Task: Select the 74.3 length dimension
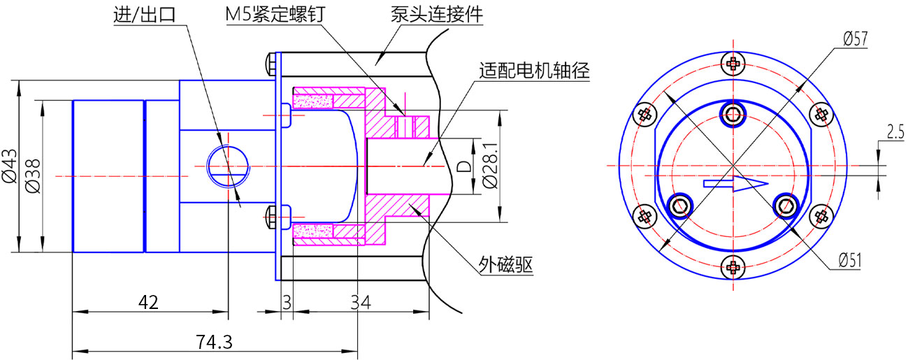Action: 214,343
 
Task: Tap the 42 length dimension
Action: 149,302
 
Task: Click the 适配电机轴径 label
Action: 535,70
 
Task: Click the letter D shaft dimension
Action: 462,166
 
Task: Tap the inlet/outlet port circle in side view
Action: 229,166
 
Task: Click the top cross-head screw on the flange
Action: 733,64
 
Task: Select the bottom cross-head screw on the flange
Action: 733,266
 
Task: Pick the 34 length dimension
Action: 360,302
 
